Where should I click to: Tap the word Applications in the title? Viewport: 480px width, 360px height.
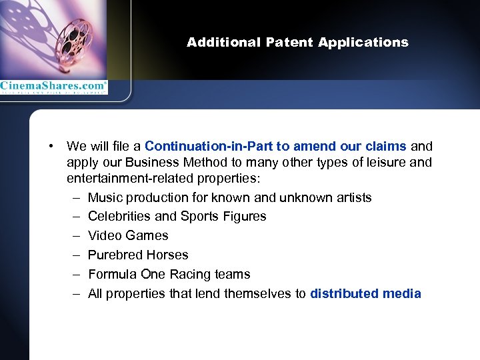click(x=363, y=43)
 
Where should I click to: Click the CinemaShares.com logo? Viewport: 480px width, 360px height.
click(x=53, y=87)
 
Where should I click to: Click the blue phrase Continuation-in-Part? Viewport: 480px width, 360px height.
click(x=199, y=146)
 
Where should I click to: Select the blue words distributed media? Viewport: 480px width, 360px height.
click(x=365, y=293)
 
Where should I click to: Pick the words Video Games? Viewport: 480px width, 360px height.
click(x=128, y=235)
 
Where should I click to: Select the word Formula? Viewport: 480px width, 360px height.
click(x=110, y=274)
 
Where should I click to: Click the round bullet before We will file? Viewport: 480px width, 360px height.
click(x=51, y=146)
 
